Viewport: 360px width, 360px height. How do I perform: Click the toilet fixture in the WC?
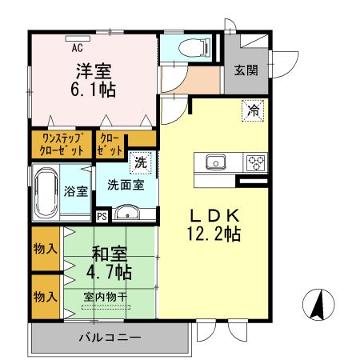tap(194, 48)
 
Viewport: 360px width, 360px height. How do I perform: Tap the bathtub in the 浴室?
tap(46, 193)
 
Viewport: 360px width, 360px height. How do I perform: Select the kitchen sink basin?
tap(216, 162)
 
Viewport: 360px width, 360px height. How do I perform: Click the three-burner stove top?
tap(255, 162)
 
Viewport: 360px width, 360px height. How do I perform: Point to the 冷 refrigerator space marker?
tap(253, 110)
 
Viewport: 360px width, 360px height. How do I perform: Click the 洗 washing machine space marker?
tap(141, 162)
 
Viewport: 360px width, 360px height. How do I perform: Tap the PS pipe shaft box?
tap(102, 216)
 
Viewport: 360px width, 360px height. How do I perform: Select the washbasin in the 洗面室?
tap(127, 213)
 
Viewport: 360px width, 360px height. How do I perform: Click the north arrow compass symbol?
tap(318, 304)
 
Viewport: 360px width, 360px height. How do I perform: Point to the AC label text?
tap(77, 48)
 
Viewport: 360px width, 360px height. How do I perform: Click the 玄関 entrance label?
tap(246, 70)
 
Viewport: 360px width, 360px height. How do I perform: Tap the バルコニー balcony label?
tap(110, 338)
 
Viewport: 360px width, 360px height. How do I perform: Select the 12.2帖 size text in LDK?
tap(214, 234)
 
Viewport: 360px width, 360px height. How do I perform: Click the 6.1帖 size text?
tap(94, 90)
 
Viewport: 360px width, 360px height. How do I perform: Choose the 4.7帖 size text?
tap(109, 272)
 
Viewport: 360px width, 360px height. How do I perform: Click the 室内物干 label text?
tap(105, 297)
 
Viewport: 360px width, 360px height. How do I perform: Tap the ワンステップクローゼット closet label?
tap(62, 145)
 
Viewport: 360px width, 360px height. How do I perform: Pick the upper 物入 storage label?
tap(46, 250)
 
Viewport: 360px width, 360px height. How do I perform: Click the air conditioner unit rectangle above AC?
tap(78, 38)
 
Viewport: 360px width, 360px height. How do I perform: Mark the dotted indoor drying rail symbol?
tap(106, 307)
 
